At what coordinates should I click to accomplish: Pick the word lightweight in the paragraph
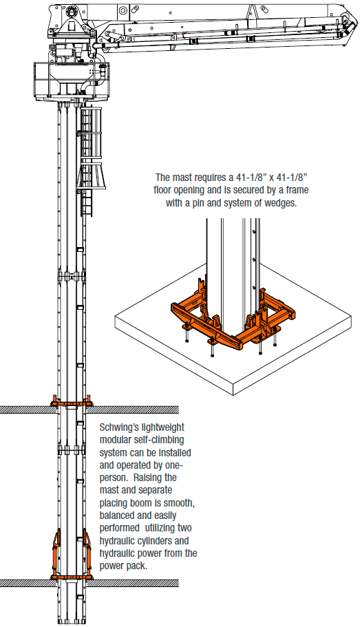pyautogui.click(x=163, y=428)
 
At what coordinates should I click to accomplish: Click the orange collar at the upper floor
pyautogui.click(x=72, y=401)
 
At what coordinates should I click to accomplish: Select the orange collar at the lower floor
pyautogui.click(x=72, y=577)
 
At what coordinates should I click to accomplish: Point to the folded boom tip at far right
pyautogui.click(x=349, y=25)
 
